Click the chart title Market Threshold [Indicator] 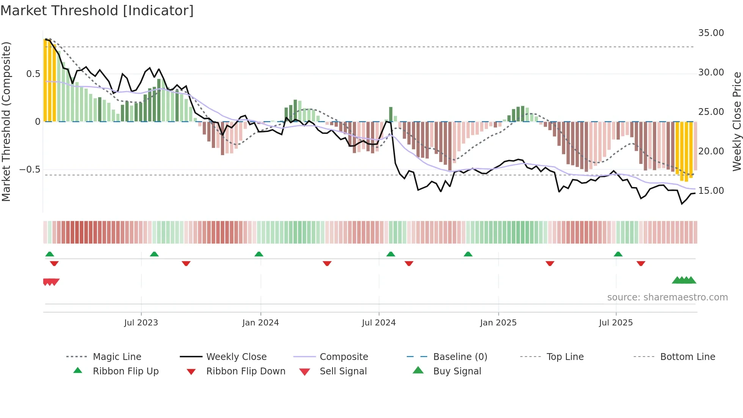point(97,11)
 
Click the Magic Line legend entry point(117,357)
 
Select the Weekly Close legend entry point(236,357)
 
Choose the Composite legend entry point(344,357)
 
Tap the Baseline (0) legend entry point(460,357)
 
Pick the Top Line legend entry point(565,357)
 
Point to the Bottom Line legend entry point(687,357)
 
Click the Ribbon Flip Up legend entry point(125,371)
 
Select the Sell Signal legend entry point(343,371)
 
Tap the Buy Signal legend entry point(457,371)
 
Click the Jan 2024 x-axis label point(260,323)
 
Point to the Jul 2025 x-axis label point(616,323)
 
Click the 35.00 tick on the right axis point(711,33)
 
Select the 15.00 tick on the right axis point(711,191)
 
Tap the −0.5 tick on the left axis point(30,170)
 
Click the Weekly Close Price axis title point(737,121)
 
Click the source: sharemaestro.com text point(667,297)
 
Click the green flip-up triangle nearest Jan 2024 point(259,254)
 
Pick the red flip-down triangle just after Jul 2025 point(641,264)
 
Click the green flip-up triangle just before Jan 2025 point(468,254)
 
